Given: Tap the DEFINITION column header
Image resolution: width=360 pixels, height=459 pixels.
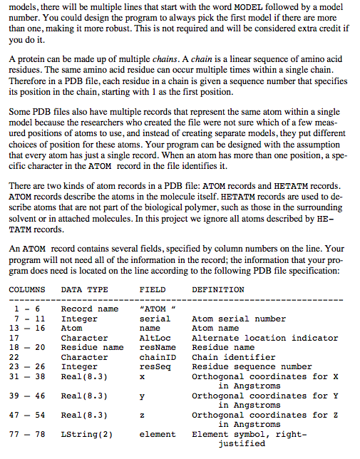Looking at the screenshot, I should [x=218, y=290].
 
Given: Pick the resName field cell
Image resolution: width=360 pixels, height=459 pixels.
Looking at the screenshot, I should [x=157, y=348].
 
